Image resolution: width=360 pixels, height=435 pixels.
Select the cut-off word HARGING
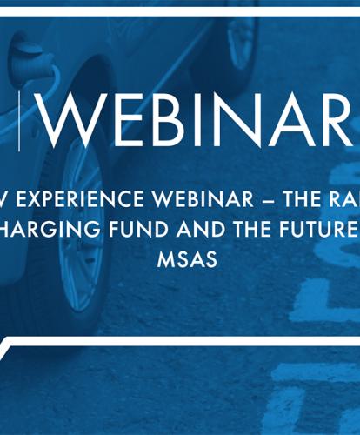click(x=48, y=230)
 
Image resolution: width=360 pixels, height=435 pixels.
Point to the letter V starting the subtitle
click(x=8, y=198)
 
